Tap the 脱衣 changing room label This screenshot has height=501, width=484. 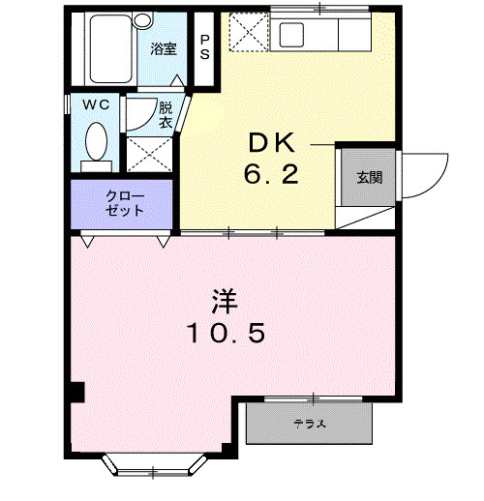166,116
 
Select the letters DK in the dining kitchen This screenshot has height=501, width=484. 271,143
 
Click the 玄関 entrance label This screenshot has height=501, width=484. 369,178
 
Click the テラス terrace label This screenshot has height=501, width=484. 309,424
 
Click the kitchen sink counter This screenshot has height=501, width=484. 319,36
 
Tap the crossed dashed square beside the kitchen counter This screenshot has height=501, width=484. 247,35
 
